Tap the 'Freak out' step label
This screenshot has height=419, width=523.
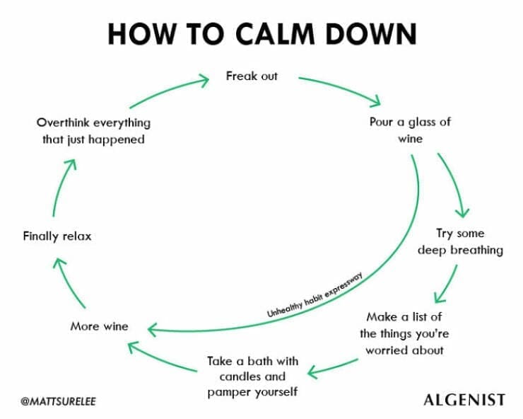pos(252,76)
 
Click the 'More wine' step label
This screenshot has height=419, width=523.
pos(99,326)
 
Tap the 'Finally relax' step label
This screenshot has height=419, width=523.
pos(57,236)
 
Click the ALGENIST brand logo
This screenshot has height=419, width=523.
pos(464,400)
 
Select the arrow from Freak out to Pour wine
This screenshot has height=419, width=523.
pos(341,88)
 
